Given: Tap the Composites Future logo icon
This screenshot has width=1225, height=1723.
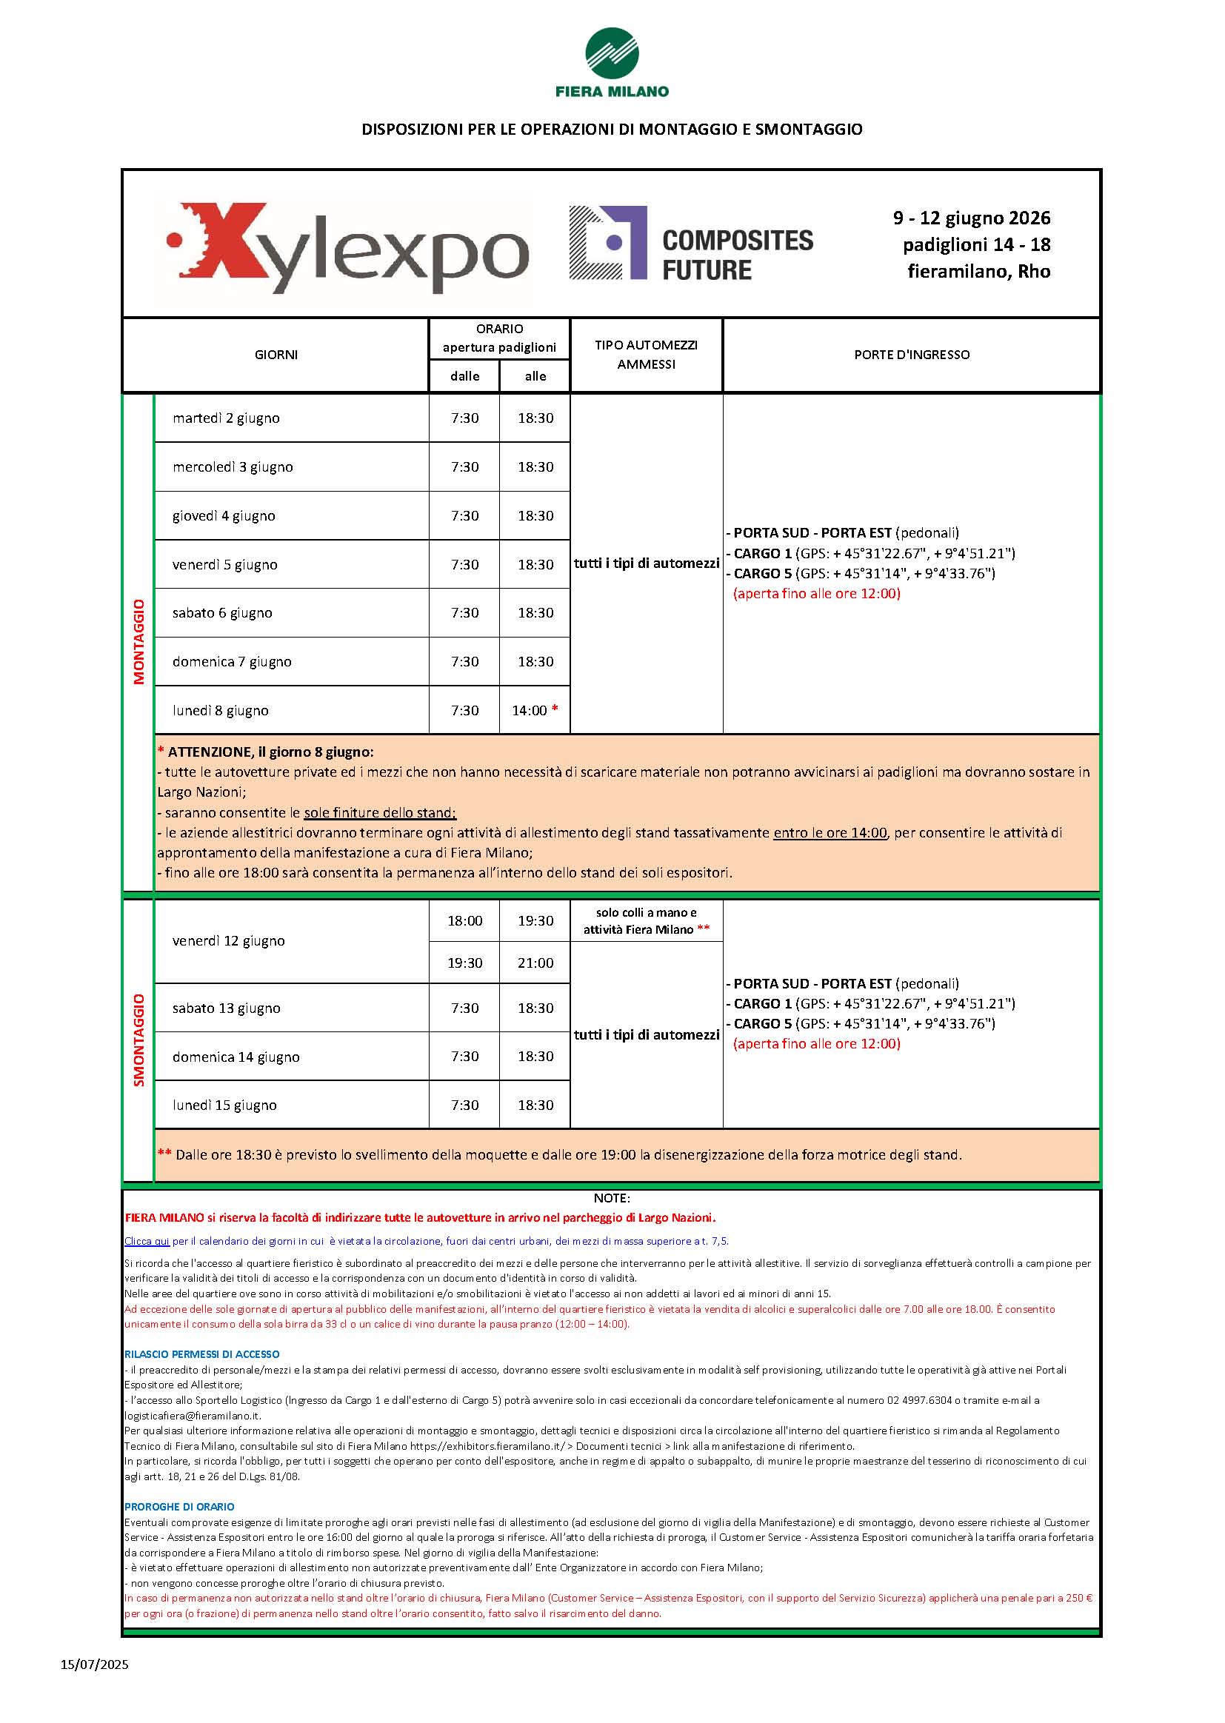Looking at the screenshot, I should point(608,242).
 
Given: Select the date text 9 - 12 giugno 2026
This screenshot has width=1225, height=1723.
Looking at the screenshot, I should point(972,218).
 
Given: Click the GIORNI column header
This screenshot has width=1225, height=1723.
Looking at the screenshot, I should point(276,355).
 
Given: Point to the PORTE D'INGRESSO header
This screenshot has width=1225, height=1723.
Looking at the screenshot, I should point(911,355).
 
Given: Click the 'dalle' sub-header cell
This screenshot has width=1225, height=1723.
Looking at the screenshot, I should point(464,376).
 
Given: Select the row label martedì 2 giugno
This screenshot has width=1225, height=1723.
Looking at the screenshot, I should point(226,418).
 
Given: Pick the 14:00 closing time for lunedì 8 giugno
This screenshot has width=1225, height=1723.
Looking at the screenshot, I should point(530,710).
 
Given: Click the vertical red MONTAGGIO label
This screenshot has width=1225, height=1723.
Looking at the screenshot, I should point(138,641).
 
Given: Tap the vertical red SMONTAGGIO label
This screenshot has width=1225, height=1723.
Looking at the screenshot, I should point(138,1040).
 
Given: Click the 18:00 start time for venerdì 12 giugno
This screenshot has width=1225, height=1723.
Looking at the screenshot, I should point(464,920).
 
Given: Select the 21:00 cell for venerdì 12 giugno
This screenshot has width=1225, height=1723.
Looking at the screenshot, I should point(535,963).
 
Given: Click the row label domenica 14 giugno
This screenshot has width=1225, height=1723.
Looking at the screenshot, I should point(236,1057).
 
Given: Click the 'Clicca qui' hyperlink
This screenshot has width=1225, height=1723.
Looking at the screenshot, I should point(147,1240).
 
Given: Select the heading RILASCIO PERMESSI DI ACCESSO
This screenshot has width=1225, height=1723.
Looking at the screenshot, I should point(201,1354).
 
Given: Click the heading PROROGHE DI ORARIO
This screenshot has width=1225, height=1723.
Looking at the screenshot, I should point(179,1508).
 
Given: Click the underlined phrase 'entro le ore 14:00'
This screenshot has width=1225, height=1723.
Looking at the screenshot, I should point(830,833).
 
